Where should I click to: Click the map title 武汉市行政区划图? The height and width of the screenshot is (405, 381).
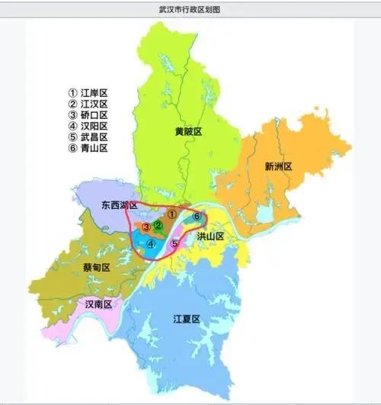coord(190,7)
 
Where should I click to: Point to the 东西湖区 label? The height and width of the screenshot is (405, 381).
coord(118,206)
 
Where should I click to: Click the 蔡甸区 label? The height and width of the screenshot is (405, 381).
coord(96,268)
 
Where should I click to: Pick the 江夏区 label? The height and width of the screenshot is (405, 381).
coord(186,319)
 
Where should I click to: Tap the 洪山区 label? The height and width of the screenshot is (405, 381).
coord(210,237)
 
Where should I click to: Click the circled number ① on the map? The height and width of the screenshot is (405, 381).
coord(172,215)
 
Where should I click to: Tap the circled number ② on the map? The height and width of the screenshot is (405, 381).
coord(158,225)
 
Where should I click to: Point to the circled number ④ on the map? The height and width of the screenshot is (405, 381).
coord(152,244)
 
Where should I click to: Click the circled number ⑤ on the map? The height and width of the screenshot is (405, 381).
coord(174,243)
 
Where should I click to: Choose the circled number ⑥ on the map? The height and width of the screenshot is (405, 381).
coord(197,217)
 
